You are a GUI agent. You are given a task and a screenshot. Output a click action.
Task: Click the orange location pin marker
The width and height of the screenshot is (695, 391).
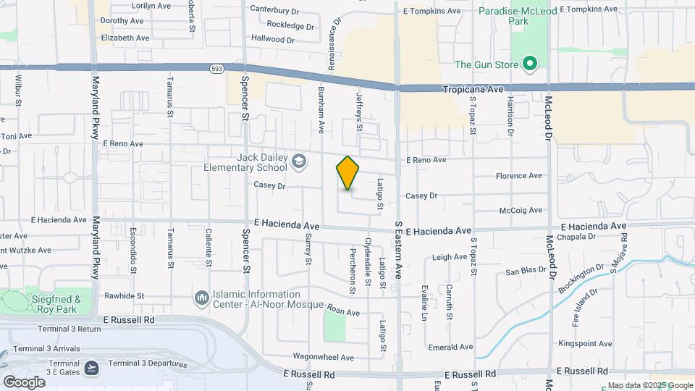347,173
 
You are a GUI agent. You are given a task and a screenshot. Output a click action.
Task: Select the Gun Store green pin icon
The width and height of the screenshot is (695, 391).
529,64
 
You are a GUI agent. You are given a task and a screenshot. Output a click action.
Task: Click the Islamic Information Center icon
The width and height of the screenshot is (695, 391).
201,298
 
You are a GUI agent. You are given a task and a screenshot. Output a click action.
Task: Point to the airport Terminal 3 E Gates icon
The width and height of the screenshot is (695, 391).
92,368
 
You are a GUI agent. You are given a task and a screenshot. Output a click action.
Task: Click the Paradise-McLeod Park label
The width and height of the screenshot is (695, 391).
513,16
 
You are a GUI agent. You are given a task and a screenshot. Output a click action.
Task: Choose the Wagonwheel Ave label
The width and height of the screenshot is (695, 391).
323,357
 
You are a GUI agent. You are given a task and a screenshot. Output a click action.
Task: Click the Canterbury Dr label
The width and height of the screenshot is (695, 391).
274,10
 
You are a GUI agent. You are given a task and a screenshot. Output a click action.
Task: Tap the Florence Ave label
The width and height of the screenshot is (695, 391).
518,176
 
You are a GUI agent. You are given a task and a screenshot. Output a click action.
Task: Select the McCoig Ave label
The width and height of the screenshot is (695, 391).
521,211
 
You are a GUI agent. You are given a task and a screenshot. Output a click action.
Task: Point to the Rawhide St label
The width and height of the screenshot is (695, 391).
124,296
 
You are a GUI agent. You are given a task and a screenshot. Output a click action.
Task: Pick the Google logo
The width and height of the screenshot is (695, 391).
23,382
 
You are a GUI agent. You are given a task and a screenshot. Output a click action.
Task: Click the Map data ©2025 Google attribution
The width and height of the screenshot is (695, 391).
649,385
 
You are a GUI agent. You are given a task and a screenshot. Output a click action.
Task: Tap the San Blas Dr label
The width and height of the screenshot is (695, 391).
525,272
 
